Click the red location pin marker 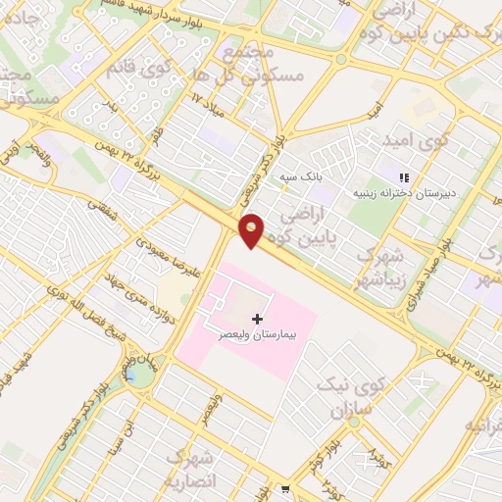252,230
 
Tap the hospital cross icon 258,319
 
